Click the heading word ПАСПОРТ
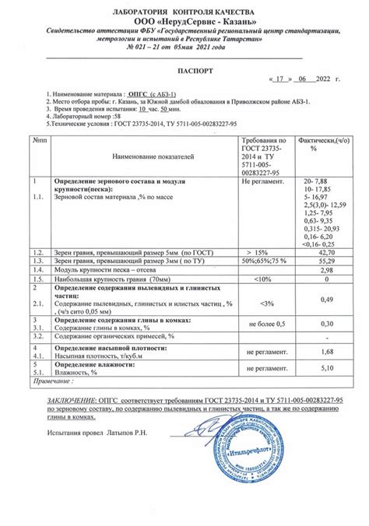coord(184,69)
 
